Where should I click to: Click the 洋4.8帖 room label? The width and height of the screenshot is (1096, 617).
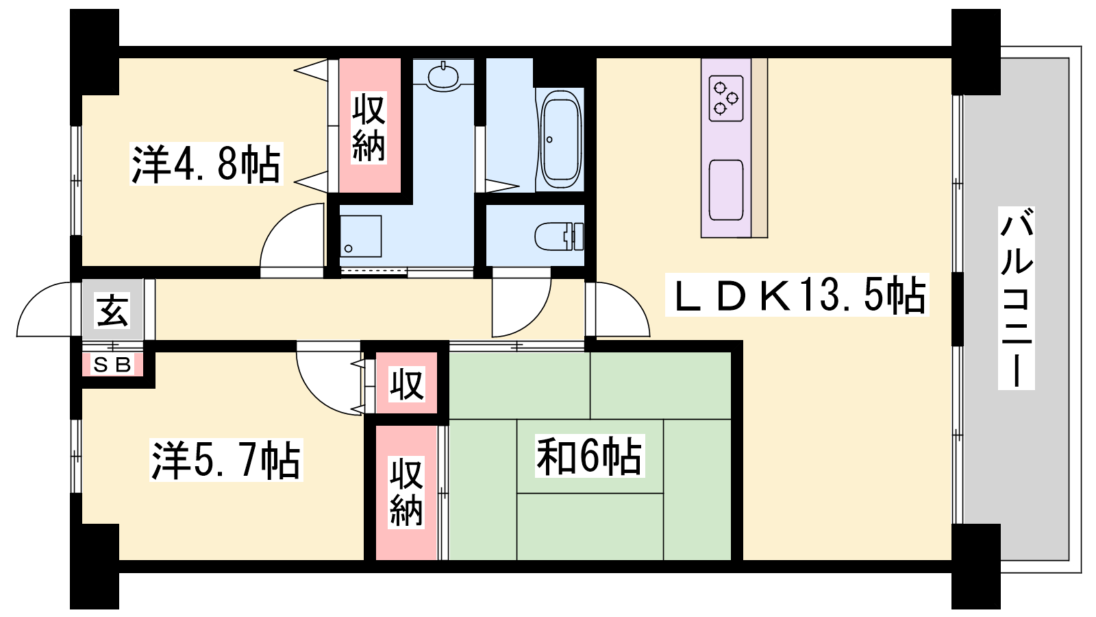tap(206, 164)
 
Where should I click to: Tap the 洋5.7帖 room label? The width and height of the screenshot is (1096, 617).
tap(226, 460)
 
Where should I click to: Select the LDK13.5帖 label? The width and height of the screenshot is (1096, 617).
tap(797, 295)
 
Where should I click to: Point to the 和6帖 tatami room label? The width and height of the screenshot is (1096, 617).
tap(590, 457)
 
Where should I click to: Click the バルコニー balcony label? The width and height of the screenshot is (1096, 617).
tap(1017, 298)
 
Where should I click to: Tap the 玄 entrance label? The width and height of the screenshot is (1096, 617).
tap(112, 310)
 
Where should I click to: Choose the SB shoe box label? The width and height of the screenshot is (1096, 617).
tap(112, 365)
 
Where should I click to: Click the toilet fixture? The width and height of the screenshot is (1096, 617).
tap(559, 236)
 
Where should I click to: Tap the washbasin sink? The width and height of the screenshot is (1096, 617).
tap(443, 76)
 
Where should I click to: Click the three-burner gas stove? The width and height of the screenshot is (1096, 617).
tap(726, 99)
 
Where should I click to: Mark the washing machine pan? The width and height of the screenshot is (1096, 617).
tap(360, 236)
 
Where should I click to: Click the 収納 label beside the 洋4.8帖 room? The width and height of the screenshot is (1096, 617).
tap(369, 128)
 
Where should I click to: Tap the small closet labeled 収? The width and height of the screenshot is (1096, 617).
tap(406, 385)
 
